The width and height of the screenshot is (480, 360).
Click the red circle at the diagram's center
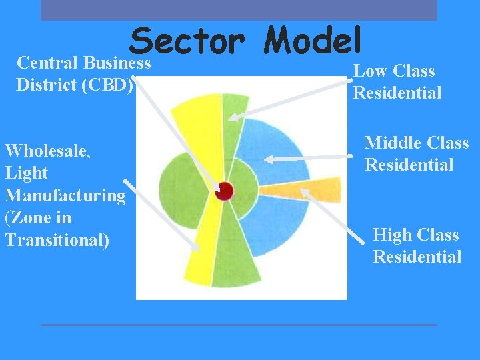pyautogui.click(x=224, y=191)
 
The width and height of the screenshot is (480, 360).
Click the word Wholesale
pyautogui.click(x=46, y=150)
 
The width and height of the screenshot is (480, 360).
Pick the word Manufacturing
pyautogui.click(x=65, y=195)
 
